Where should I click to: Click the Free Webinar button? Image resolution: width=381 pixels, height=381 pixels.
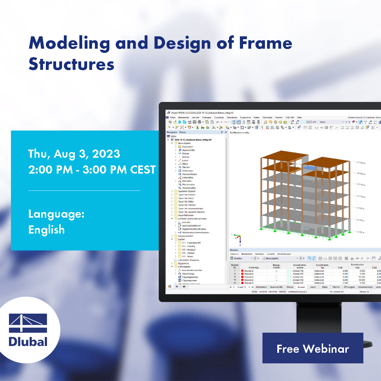pyautogui.click(x=313, y=348)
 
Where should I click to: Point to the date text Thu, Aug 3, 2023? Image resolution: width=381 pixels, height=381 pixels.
pyautogui.click(x=74, y=154)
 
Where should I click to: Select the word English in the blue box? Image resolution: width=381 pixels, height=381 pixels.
pyautogui.click(x=47, y=230)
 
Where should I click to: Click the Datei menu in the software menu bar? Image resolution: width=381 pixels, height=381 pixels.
pyautogui.click(x=173, y=117)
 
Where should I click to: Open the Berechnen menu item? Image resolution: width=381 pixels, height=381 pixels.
pyautogui.click(x=232, y=117)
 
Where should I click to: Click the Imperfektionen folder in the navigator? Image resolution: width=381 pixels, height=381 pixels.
pyautogui.click(x=186, y=215)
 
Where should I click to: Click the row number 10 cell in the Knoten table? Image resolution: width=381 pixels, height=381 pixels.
pyautogui.click(x=235, y=280)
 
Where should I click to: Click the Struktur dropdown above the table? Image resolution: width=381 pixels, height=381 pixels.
pyautogui.click(x=241, y=258)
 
